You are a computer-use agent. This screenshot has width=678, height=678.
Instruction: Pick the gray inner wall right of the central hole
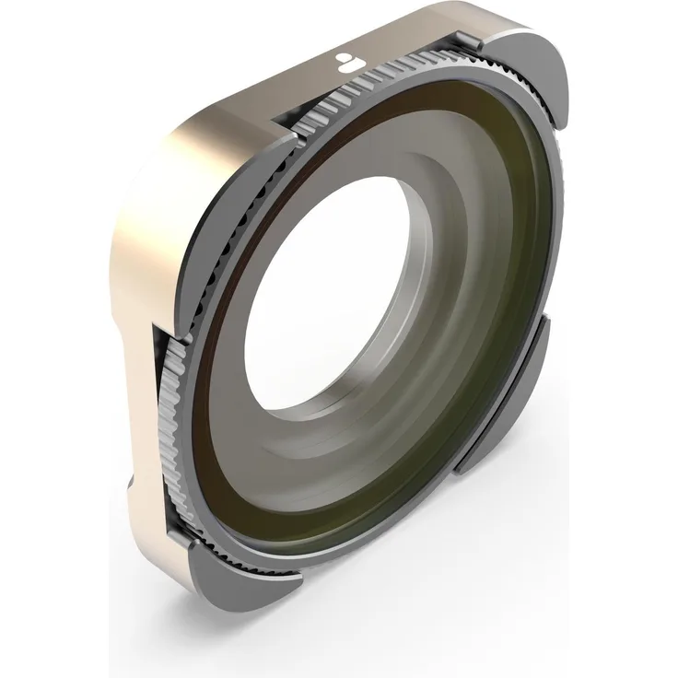point(433,276)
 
